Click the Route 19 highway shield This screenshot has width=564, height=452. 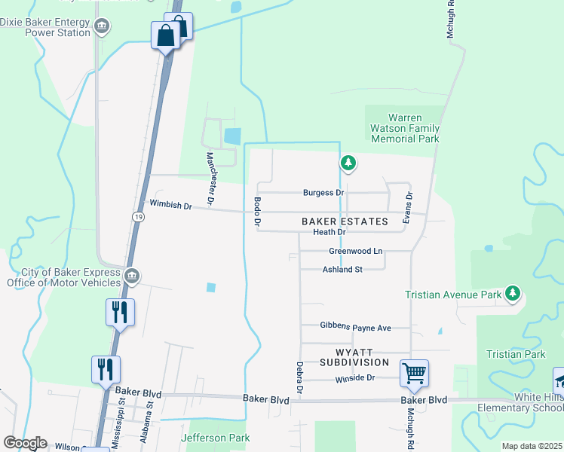(137, 217)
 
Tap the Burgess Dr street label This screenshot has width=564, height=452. (323, 193)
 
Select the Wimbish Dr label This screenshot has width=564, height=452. (171, 205)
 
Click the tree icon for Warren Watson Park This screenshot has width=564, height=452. (348, 162)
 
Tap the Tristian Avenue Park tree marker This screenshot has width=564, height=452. (513, 293)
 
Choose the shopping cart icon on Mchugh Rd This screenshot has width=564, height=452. (414, 373)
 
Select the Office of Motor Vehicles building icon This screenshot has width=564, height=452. (132, 276)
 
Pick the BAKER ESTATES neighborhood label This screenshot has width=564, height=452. (345, 221)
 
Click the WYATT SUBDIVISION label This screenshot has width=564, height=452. (356, 357)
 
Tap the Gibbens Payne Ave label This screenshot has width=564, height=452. (355, 328)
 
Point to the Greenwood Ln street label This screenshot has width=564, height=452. (356, 251)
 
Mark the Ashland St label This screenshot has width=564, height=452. (342, 269)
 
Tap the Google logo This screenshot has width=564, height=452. (25, 443)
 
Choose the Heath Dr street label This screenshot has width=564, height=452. (329, 233)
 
